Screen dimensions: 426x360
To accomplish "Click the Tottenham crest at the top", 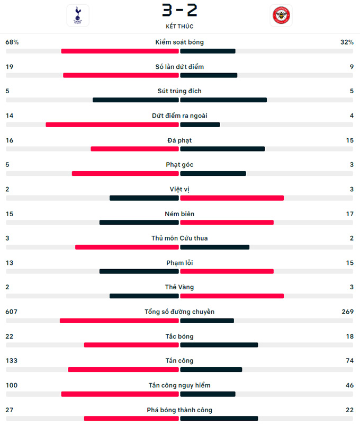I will click(x=78, y=15).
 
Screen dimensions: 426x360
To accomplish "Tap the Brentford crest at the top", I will click(x=281, y=15).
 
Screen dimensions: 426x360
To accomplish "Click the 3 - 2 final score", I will click(x=179, y=10).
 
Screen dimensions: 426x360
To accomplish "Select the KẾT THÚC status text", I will click(x=179, y=26).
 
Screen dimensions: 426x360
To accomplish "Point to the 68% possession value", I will click(x=12, y=42).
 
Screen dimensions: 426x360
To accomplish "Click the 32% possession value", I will click(x=347, y=42).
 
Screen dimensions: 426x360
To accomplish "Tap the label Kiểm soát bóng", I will click(x=179, y=42).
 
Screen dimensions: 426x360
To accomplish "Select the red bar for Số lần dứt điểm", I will click(x=121, y=75).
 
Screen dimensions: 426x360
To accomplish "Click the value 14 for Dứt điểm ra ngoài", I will click(x=9, y=116).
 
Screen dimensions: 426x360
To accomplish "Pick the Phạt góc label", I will click(x=179, y=164).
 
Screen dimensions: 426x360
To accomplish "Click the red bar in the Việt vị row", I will click(x=232, y=198).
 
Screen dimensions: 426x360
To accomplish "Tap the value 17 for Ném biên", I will click(x=349, y=214).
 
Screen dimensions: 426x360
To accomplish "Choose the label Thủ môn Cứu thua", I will click(x=179, y=238).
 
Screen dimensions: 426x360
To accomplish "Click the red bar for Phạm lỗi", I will click(x=227, y=271).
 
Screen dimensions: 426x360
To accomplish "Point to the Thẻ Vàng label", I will click(x=179, y=287).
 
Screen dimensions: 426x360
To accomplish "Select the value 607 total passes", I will click(x=11, y=312).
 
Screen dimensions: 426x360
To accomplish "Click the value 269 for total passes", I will click(x=348, y=312).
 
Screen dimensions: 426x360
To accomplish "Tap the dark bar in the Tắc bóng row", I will click(x=219, y=345).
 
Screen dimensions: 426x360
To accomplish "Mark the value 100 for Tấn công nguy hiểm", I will click(x=11, y=385).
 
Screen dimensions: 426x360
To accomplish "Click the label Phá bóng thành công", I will click(x=179, y=410).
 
